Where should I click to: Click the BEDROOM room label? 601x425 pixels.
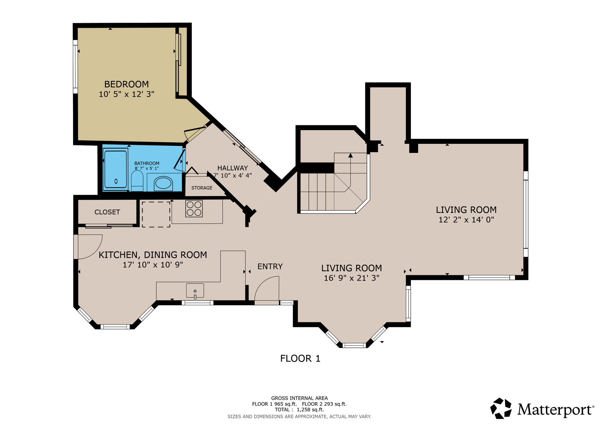[x=126, y=84]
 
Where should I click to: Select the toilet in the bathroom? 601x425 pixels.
[x=137, y=181]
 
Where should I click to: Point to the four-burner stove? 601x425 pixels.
[x=194, y=208]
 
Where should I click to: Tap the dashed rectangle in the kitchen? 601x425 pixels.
[x=156, y=214]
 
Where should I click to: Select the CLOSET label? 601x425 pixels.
[x=107, y=212]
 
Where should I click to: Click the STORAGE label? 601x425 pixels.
[x=202, y=188]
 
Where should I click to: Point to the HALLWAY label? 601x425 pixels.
[x=232, y=168]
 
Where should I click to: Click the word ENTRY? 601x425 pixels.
[x=270, y=266]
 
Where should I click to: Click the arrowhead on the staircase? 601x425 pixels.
[x=350, y=155]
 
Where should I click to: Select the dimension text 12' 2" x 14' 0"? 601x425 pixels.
[x=466, y=220]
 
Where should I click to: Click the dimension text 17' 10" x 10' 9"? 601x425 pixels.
[x=153, y=264]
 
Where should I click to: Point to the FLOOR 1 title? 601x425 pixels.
[x=300, y=358]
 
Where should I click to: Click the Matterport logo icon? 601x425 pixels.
[x=501, y=408]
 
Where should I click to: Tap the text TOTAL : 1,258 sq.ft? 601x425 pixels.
[x=299, y=409]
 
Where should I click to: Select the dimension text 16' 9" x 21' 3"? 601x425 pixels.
[x=351, y=278]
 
